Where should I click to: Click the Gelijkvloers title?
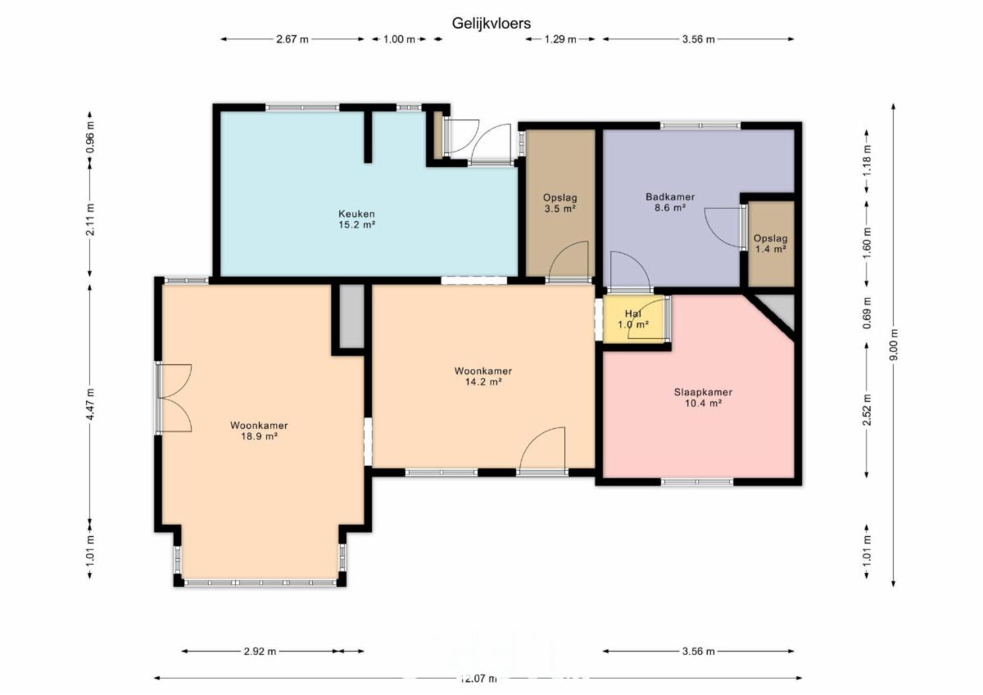point(491,23)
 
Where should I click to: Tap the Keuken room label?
point(356,214)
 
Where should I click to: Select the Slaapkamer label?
point(703,392)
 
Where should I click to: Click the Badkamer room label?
point(670,197)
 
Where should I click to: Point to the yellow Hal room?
point(634,319)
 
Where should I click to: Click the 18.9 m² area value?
point(259,436)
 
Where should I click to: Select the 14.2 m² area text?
point(482,382)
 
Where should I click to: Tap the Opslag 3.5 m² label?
point(560,203)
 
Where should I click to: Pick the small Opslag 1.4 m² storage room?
point(772,244)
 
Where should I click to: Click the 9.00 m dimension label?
point(895,344)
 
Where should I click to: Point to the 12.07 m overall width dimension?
point(478,679)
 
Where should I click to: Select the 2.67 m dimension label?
point(292,39)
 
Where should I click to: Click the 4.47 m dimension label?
point(90,404)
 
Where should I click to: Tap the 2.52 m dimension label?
point(867,410)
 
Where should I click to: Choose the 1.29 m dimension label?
point(560,39)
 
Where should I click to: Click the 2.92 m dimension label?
point(260,651)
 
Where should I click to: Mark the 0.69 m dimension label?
point(867,313)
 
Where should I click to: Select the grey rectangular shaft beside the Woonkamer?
point(352,316)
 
